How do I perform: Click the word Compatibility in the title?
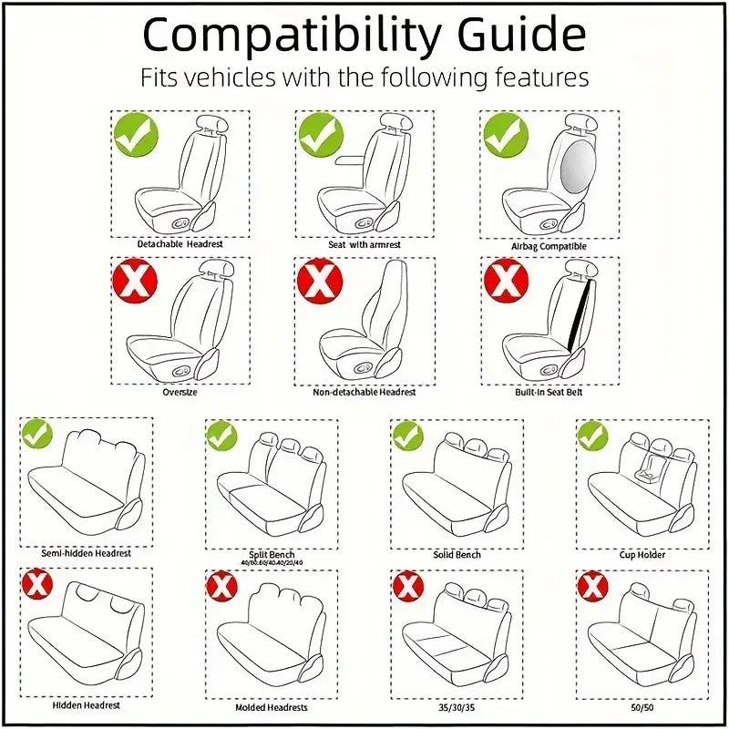pos(290,36)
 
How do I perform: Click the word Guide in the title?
pos(516,36)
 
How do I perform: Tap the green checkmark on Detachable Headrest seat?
pos(136,134)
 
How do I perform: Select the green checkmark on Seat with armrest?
pos(321,134)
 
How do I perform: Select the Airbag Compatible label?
pos(549,246)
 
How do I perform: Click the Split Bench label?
pos(272,554)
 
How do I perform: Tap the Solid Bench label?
pos(457,554)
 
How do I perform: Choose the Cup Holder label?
pos(642,554)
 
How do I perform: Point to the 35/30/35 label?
pos(457,706)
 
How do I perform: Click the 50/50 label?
pos(642,706)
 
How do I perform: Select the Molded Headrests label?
pos(272,707)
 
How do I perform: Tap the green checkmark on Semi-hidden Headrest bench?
pos(37,434)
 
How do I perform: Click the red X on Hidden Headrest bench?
pos(37,585)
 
